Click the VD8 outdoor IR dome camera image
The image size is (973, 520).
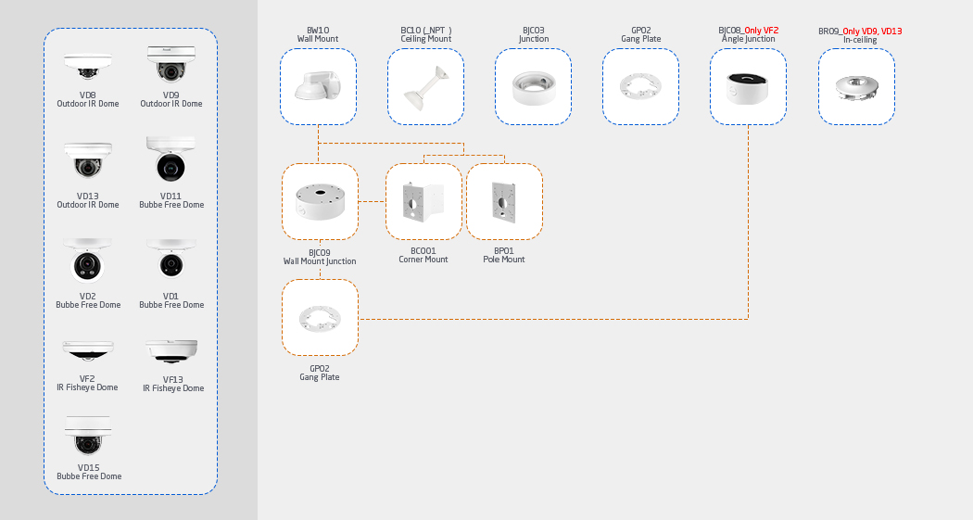88,67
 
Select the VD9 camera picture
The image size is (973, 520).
171,65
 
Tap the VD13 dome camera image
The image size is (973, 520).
88,162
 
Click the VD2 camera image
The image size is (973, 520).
88,261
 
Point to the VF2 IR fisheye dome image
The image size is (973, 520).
88,350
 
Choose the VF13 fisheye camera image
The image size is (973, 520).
171,351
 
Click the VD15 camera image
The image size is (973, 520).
88,436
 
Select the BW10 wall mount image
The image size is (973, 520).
318,86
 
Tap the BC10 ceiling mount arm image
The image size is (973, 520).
425,87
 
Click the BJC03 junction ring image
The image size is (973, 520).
533,87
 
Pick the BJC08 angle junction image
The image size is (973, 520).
748,87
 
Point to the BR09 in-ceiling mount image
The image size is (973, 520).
856,87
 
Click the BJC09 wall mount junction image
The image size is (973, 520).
320,201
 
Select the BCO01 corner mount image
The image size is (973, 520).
423,201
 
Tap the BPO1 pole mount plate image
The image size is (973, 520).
504,201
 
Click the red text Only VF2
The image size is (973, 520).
761,31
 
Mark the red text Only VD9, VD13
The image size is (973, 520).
872,32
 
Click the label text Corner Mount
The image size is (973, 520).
423,260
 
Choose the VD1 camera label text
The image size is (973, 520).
171,297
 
